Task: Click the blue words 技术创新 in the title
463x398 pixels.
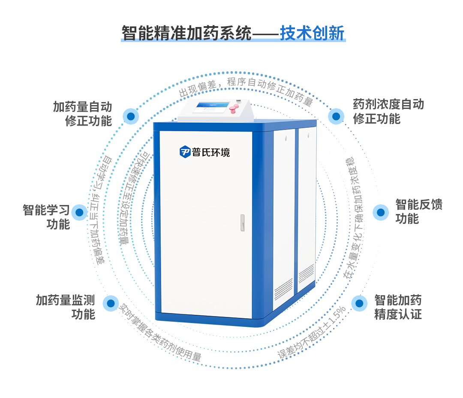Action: pos(312,33)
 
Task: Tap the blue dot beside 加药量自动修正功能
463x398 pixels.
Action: pos(131,116)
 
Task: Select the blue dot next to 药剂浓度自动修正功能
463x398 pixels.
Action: pos(336,116)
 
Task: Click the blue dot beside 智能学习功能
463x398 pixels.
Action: pos(79,212)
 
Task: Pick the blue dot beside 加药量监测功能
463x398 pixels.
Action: pos(111,303)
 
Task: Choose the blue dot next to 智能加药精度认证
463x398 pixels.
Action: pos(359,303)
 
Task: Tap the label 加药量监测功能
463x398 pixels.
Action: pos(65,307)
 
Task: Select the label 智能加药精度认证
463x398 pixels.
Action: pos(398,307)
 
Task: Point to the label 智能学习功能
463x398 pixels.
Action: pos(46,217)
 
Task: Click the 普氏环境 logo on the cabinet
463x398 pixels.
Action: pos(205,151)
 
